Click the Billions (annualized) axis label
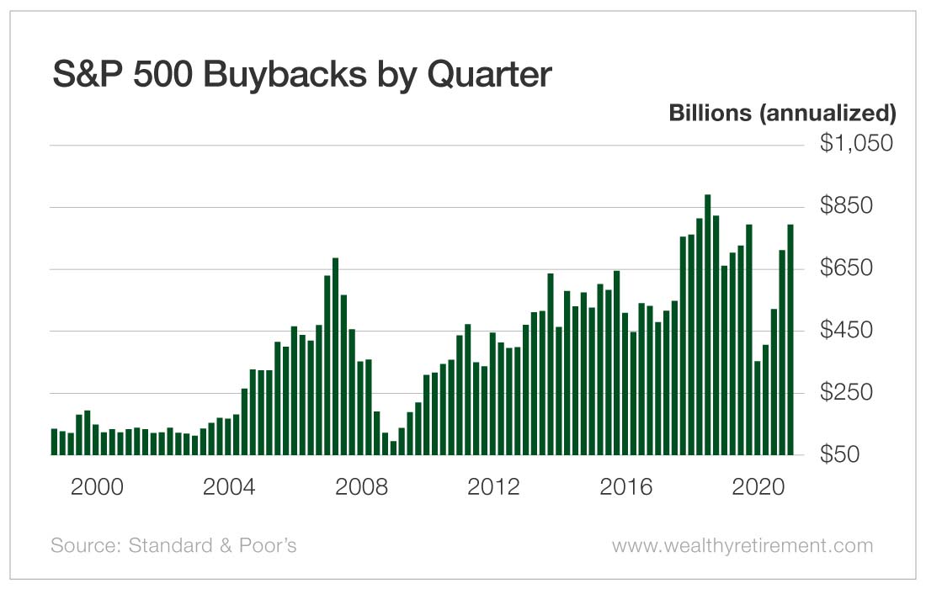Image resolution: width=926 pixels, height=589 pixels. pyautogui.click(x=782, y=113)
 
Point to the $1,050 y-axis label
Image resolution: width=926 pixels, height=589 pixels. pyautogui.click(x=856, y=145)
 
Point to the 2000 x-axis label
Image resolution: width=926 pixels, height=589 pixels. pyautogui.click(x=98, y=488)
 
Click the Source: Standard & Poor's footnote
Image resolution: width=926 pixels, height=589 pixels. pyautogui.click(x=173, y=546)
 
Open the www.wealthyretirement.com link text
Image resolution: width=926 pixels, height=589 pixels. pyautogui.click(x=742, y=546)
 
